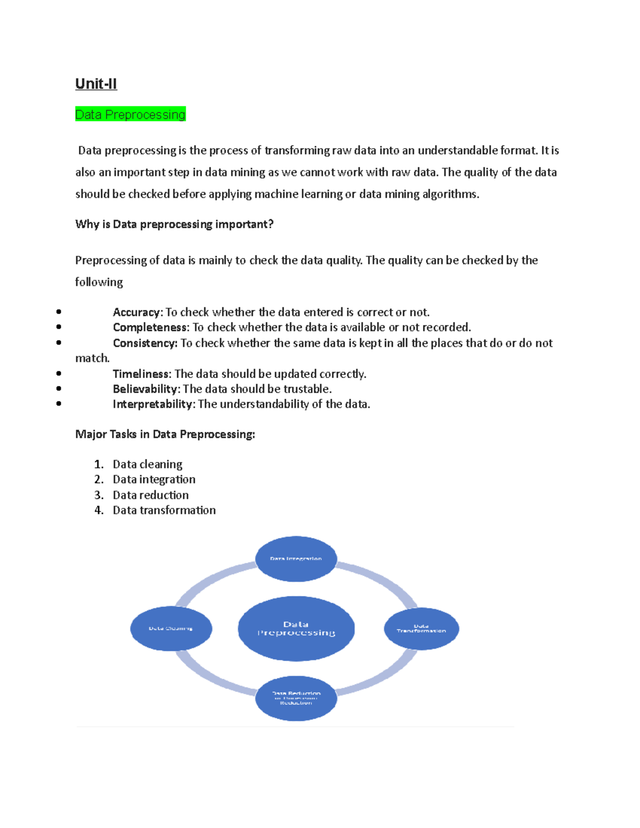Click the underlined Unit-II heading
(x=96, y=84)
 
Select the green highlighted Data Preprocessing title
(x=130, y=114)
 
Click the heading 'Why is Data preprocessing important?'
(x=174, y=224)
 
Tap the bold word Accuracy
(x=137, y=312)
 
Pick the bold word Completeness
(x=151, y=327)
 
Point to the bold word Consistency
(x=145, y=343)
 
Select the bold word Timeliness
(x=142, y=374)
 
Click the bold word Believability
(x=145, y=389)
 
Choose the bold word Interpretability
(x=153, y=404)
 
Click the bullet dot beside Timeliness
(x=59, y=374)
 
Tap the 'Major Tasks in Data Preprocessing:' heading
(x=165, y=434)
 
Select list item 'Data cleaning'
(x=148, y=464)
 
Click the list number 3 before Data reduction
(x=99, y=495)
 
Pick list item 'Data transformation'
(x=164, y=510)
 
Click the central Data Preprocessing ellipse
(x=296, y=629)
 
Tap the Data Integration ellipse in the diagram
(x=296, y=559)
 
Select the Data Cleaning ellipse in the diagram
(x=171, y=629)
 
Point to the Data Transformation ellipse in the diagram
(x=421, y=629)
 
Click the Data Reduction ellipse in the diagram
(x=296, y=698)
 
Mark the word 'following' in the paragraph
(x=99, y=282)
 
